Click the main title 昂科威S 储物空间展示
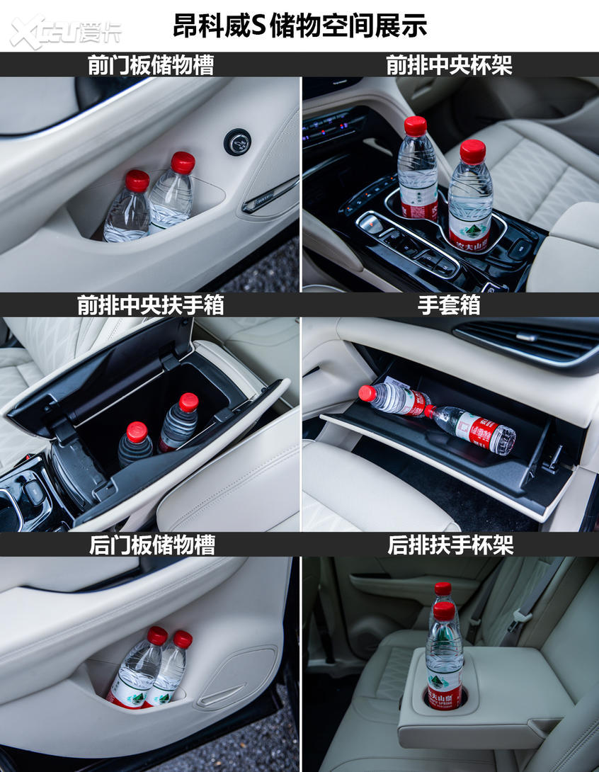299,25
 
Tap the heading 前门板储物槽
151,65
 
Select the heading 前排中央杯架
449,65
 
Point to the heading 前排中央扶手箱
151,305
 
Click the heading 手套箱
449,305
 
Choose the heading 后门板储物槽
152,545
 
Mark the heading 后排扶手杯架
450,545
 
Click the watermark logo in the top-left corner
65,33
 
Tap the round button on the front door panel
237,142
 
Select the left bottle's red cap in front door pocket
137,181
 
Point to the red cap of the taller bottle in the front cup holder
472,152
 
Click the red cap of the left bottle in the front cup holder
416,126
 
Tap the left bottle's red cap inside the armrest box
137,432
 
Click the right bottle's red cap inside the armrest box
188,402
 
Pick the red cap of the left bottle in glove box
367,393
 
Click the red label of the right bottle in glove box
481,429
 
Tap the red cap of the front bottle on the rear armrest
444,611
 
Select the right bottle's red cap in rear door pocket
183,639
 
